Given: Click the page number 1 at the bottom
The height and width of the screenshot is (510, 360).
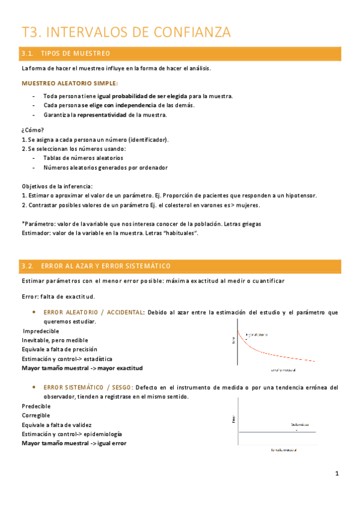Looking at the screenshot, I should tap(338, 474).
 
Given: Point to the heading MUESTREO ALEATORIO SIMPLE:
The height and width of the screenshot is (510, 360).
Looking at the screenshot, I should tap(70, 83).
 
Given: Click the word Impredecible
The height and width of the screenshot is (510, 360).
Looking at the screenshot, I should tap(41, 331).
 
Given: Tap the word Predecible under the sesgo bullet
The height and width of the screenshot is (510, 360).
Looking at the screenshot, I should tap(36, 406).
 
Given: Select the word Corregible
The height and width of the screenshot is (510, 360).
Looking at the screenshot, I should tap(36, 415).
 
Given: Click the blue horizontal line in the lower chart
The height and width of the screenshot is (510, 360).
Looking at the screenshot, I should tap(276, 432).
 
